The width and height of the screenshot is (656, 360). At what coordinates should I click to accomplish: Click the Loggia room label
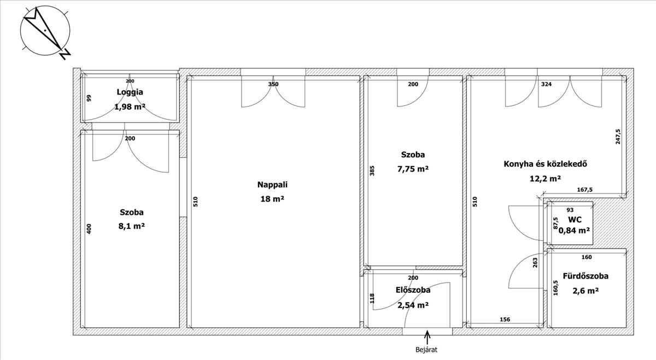point(130,92)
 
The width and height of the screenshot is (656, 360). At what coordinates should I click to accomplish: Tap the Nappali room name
point(272,185)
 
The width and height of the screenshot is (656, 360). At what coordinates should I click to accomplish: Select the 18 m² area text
point(272,199)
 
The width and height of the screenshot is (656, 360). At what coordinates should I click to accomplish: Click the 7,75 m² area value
point(413,169)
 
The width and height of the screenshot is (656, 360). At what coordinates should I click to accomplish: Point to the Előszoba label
point(413,290)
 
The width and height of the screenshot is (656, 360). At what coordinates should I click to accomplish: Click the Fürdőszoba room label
point(585,276)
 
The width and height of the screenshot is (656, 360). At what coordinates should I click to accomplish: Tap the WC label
point(575,220)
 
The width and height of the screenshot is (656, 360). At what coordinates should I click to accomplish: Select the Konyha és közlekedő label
point(546,164)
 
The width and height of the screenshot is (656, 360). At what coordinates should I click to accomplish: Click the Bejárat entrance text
point(426,350)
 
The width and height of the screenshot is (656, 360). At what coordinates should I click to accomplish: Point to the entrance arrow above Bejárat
point(427,338)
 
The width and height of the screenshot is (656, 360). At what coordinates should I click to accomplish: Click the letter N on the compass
point(65,54)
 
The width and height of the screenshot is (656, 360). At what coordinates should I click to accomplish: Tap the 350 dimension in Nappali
point(273,84)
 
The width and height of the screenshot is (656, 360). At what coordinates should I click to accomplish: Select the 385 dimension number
point(372,170)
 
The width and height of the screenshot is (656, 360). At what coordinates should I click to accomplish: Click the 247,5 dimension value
point(618,137)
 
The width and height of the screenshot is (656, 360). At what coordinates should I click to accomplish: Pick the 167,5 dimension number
point(585,190)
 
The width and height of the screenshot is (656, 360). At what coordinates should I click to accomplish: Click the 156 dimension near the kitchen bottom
point(505,320)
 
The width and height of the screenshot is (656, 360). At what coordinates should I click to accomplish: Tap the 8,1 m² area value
point(132,226)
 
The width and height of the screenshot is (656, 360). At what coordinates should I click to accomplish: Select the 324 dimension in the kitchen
point(547,84)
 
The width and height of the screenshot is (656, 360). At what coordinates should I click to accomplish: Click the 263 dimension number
point(535,263)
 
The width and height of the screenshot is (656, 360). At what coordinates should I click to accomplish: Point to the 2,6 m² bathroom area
point(585,291)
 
